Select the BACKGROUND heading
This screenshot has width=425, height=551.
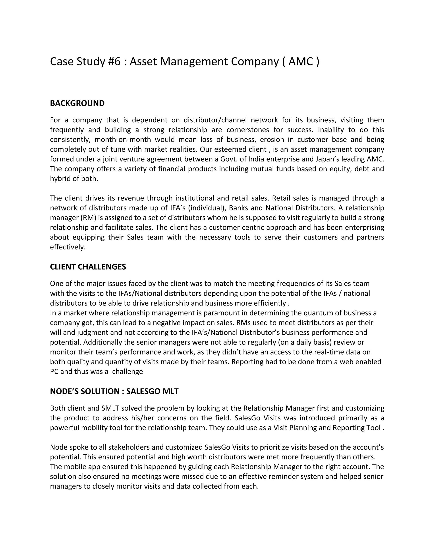tap(77, 104)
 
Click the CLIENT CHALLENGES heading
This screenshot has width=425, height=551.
tap(88, 267)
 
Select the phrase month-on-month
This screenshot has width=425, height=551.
tap(123, 140)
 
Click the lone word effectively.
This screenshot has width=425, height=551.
tap(68, 247)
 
